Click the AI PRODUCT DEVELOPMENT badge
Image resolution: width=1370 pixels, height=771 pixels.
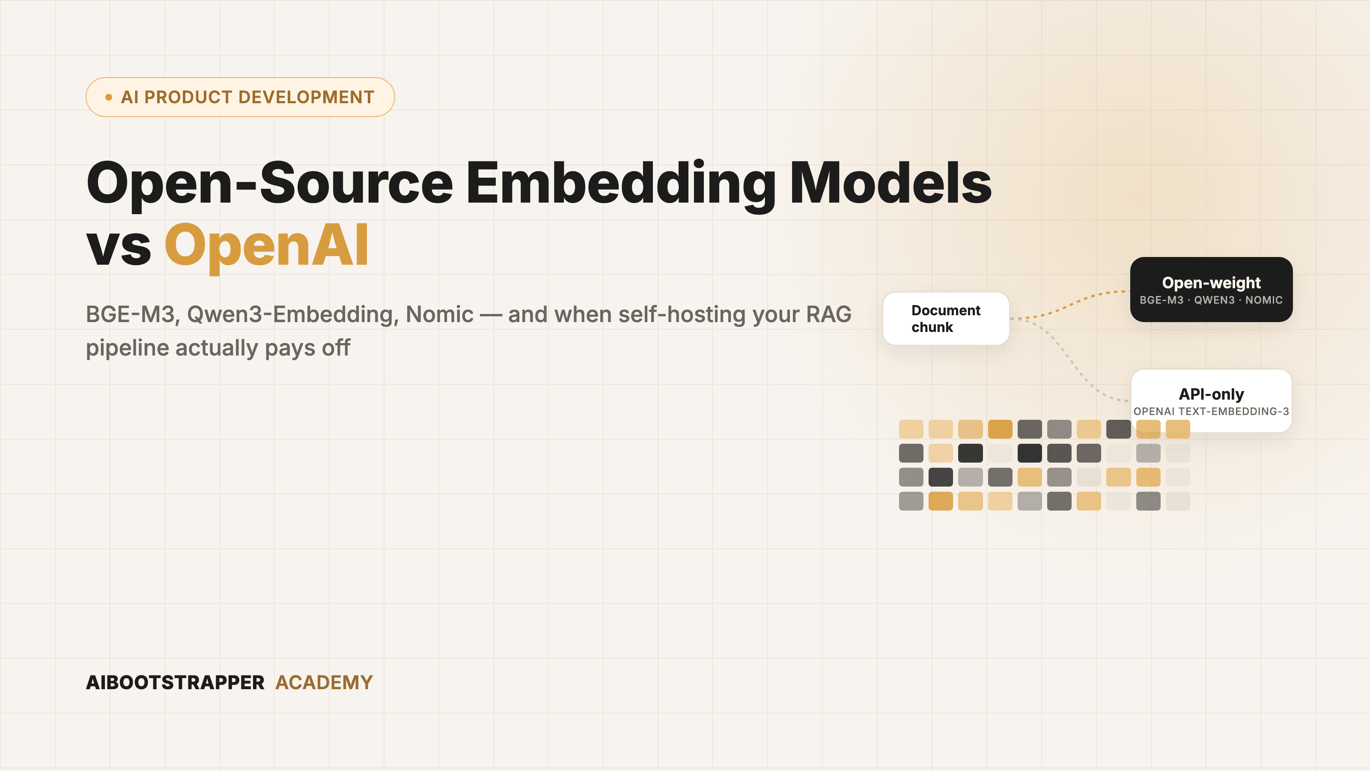point(240,97)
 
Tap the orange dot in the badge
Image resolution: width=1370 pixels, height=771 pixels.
point(108,97)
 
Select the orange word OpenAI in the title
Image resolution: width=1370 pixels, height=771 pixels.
point(266,246)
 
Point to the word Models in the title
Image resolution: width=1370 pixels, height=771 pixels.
point(891,182)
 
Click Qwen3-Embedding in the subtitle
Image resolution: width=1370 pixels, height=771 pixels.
point(292,314)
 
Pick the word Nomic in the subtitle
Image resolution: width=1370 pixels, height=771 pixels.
point(439,314)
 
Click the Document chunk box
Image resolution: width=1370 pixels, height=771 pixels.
point(946,319)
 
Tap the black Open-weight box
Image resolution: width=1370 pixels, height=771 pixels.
point(1211,290)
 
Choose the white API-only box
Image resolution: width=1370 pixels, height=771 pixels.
point(1211,400)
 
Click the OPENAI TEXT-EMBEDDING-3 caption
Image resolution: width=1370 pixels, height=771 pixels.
point(1211,411)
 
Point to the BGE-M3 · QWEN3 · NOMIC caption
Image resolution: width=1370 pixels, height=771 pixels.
point(1211,300)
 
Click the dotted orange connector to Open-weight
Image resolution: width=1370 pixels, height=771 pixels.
point(1069,305)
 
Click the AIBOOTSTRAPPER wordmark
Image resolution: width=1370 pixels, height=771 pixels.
point(175,683)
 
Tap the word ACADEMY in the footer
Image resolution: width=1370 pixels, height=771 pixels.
point(324,683)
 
